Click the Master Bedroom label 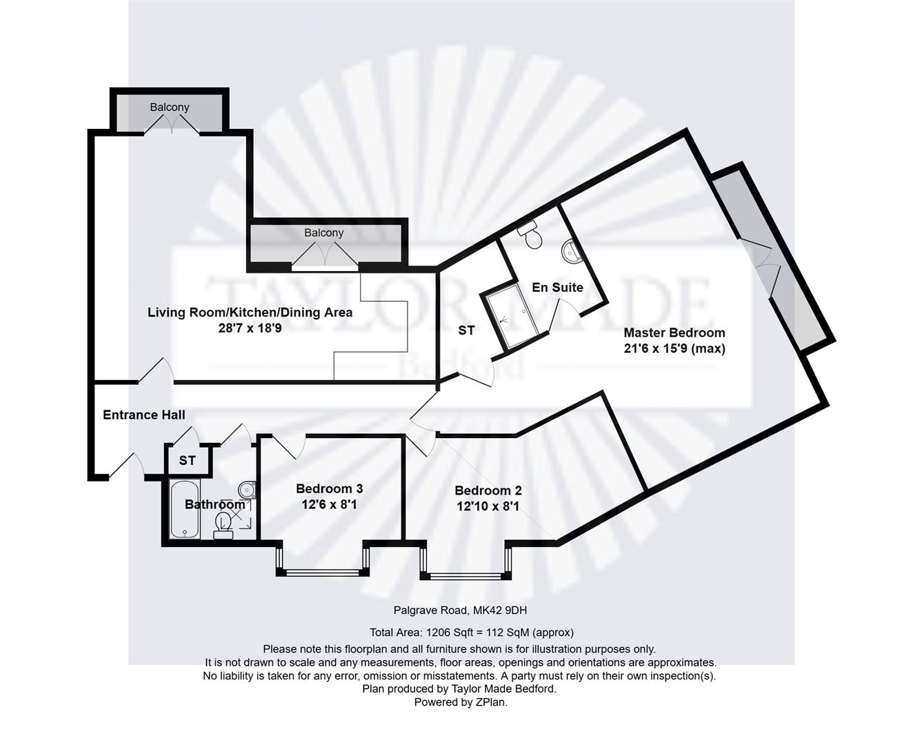click(x=674, y=332)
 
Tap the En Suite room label click(x=557, y=287)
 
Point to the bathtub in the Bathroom click(x=185, y=509)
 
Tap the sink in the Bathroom click(x=247, y=490)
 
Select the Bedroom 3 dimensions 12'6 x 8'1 click(x=328, y=504)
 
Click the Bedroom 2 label click(x=488, y=490)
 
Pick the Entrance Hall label click(x=143, y=415)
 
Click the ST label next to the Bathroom click(x=187, y=460)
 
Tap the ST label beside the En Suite click(x=466, y=330)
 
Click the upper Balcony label click(x=170, y=107)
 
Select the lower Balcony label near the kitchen click(x=323, y=232)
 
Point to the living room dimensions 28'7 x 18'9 click(x=250, y=328)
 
